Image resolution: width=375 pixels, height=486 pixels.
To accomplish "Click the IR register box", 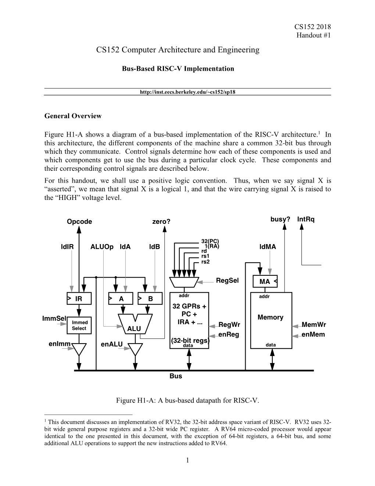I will [x=79, y=299].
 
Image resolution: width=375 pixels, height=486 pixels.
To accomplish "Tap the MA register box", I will [x=265, y=282].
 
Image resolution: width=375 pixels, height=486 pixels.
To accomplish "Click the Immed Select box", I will [x=79, y=325].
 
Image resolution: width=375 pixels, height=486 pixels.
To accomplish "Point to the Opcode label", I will [x=79, y=222].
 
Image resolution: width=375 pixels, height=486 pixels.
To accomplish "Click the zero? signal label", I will [x=161, y=222].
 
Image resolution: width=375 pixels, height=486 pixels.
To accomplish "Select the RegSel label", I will [x=227, y=281].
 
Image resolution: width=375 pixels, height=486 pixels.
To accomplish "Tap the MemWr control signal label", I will [x=314, y=324].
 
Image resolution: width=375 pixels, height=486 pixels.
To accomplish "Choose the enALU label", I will [x=111, y=345].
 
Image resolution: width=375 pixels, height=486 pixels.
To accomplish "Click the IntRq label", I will [x=306, y=219].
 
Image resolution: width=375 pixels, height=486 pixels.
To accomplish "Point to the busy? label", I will [x=280, y=219].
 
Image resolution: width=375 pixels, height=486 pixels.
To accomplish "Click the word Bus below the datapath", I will [x=176, y=376].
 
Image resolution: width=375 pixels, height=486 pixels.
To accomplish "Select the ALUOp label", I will [x=102, y=247].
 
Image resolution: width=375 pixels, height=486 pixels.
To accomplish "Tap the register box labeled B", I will [x=150, y=299].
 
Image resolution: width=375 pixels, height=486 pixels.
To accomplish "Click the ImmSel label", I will [x=54, y=318].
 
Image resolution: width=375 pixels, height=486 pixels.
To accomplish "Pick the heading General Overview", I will [x=73, y=116].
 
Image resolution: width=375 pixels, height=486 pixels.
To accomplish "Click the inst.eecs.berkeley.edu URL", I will [x=187, y=92].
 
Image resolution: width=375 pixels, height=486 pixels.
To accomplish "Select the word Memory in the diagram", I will [x=270, y=317].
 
